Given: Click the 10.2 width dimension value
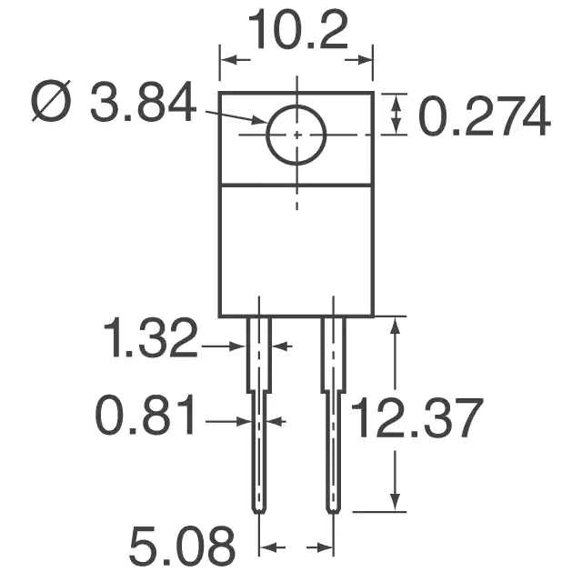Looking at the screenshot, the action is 298,30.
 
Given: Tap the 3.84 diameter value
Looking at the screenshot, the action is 143,102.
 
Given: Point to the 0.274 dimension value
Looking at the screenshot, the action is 485,115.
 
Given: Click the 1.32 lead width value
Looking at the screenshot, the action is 150,337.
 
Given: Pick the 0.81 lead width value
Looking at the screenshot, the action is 145,415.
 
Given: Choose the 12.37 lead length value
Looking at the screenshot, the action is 416,418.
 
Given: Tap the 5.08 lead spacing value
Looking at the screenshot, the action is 182,546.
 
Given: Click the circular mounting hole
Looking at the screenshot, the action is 296,105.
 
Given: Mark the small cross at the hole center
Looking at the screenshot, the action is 296,135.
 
